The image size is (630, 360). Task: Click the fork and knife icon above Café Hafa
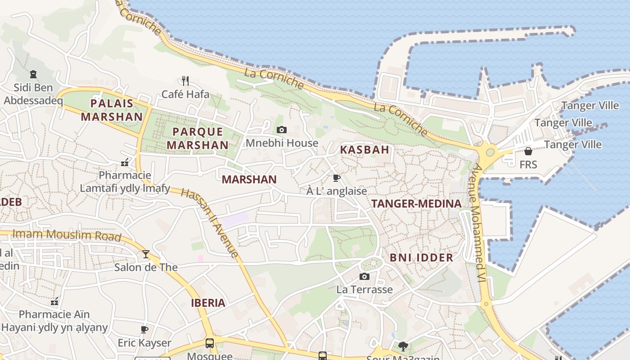pos(185,81)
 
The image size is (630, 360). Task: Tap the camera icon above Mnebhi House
pos(282,130)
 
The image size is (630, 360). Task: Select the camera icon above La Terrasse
pos(364,276)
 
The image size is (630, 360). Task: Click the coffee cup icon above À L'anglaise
pos(336,178)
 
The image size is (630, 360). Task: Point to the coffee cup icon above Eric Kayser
pos(144,330)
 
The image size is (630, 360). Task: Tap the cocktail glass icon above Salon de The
pos(146,254)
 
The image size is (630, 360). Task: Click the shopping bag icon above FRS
pos(528,151)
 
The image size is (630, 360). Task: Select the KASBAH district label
pos(364,150)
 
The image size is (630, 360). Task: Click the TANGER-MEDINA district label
pos(416,204)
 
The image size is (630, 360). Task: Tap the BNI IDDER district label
pos(421,258)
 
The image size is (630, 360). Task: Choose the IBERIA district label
pos(208,303)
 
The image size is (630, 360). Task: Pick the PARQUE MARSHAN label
pos(198,139)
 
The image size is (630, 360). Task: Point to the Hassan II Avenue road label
pos(210,223)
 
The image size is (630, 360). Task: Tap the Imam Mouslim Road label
pos(67,235)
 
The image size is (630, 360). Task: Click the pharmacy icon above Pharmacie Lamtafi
pos(125,162)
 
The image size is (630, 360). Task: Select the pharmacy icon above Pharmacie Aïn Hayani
pos(54,301)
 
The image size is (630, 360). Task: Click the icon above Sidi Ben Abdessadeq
pos(33,74)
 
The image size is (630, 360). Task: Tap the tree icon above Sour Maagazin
pos(403,346)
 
